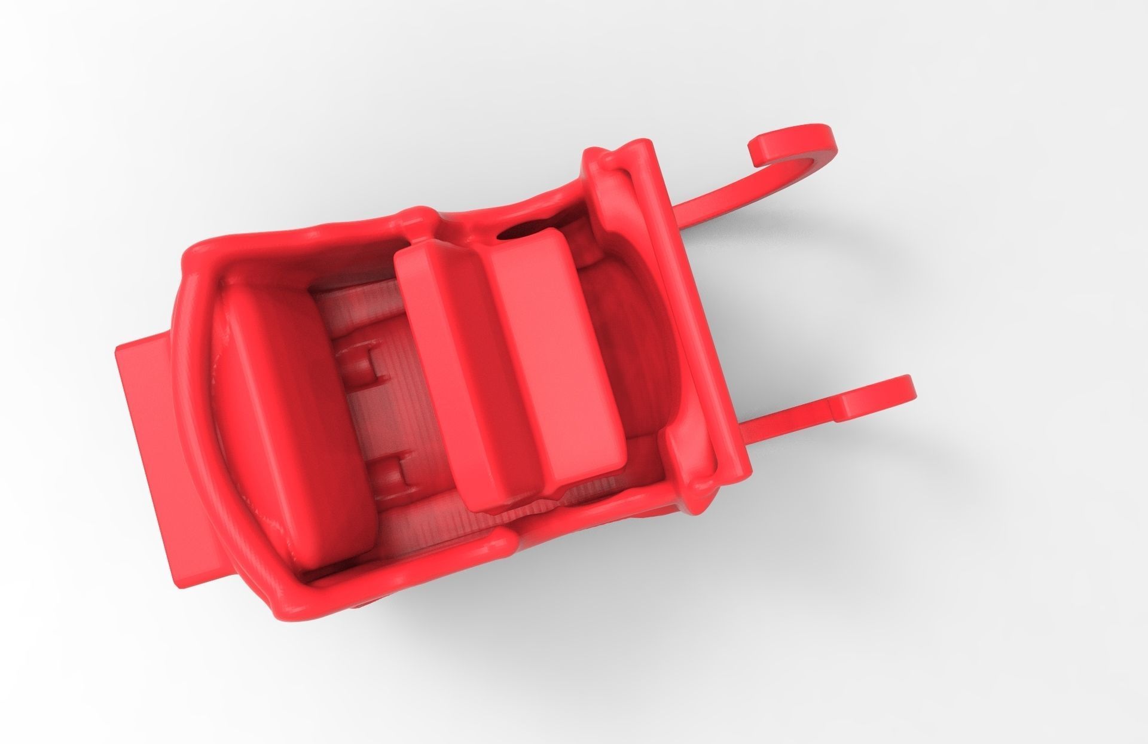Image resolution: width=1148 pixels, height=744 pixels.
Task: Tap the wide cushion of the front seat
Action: (x=550, y=353)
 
